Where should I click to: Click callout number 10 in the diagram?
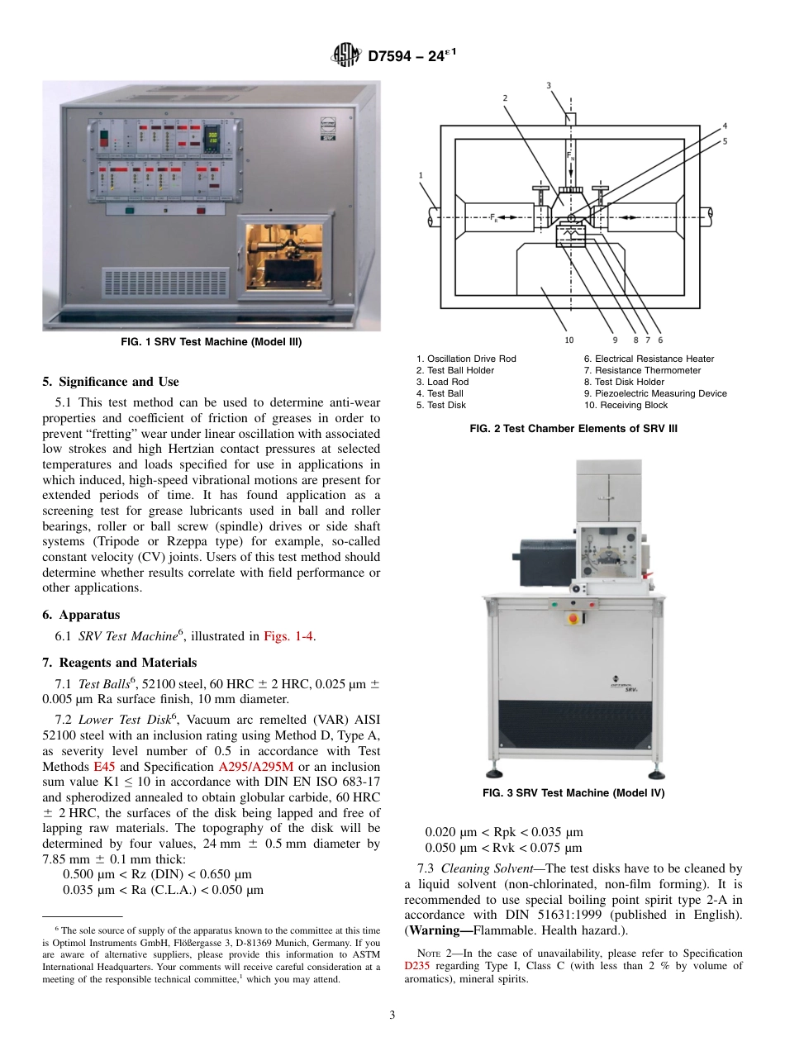pos(569,340)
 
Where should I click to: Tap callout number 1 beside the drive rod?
pos(421,175)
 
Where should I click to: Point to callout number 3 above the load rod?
pos(549,85)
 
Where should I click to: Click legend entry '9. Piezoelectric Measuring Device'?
pos(655,393)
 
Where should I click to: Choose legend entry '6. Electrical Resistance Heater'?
pos(649,359)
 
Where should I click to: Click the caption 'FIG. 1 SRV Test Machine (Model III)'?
pos(212,343)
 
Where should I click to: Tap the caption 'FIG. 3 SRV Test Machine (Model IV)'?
pos(573,793)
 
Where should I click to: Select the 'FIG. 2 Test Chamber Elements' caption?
pos(573,428)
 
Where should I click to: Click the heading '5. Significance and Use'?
pos(110,382)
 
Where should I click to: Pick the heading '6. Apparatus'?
pos(81,615)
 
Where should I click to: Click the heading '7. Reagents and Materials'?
pos(119,663)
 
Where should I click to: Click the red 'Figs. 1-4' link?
pos(288,636)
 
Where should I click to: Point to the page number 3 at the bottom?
pos(392,1015)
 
